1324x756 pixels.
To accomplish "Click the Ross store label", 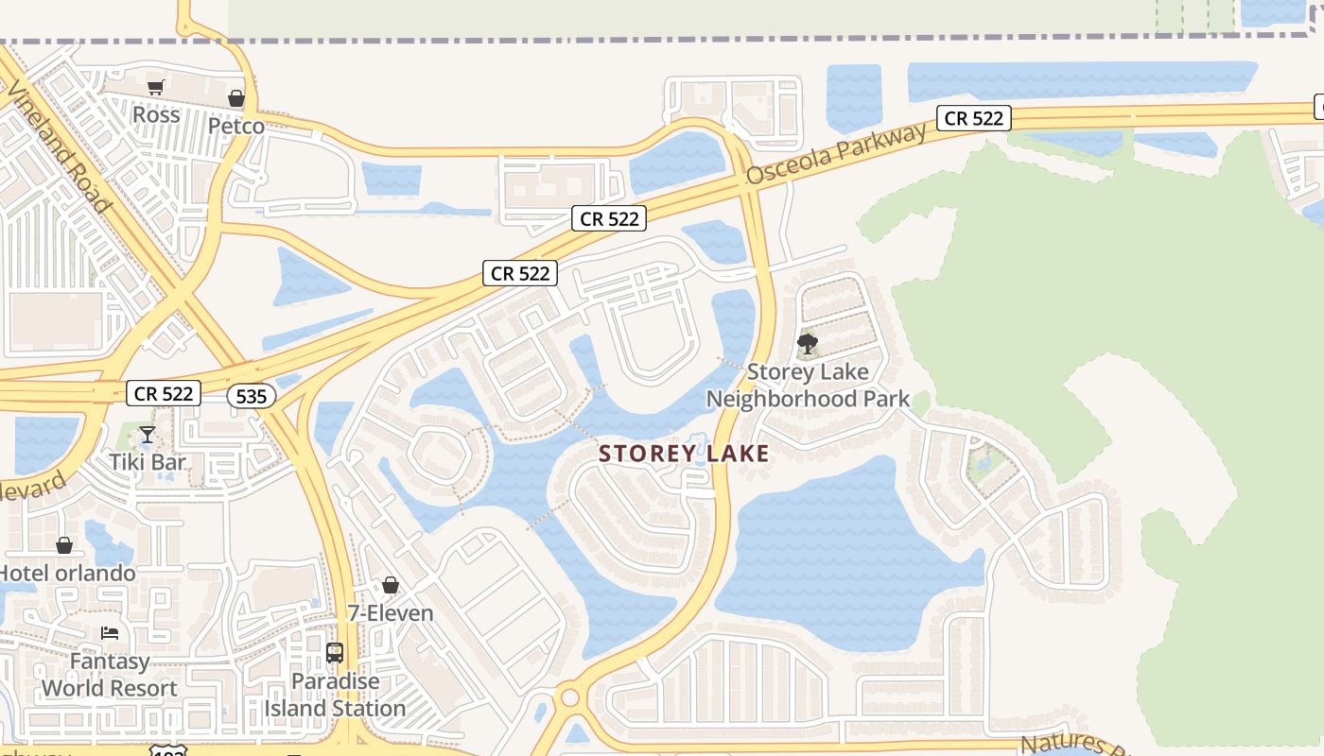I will pyautogui.click(x=156, y=114).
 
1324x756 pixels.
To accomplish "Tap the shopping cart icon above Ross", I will pyautogui.click(x=156, y=88).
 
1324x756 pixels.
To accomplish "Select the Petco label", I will pyautogui.click(x=236, y=125).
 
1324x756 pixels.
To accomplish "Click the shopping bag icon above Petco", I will pyautogui.click(x=236, y=98).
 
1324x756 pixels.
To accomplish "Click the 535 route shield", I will pyautogui.click(x=252, y=396).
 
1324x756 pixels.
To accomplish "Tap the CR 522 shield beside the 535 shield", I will pyautogui.click(x=164, y=393).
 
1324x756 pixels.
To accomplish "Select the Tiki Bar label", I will pyautogui.click(x=148, y=462).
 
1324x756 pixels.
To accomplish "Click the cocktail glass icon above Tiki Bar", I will pyautogui.click(x=148, y=435).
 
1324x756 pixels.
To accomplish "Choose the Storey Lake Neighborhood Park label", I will pyautogui.click(x=808, y=386).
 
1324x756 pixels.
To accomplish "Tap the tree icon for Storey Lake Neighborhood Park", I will pyautogui.click(x=808, y=344).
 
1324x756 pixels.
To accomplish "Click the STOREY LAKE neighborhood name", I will pyautogui.click(x=684, y=454).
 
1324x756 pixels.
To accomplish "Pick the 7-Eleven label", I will pyautogui.click(x=391, y=613).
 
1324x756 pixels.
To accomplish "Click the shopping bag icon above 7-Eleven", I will pyautogui.click(x=391, y=586).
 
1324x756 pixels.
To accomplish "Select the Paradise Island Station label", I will pyautogui.click(x=335, y=695).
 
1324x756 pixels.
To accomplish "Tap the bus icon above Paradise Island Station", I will pyautogui.click(x=335, y=653).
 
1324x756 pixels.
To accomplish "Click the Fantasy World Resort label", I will pyautogui.click(x=110, y=675).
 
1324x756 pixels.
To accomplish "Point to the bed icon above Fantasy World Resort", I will pyautogui.click(x=110, y=633).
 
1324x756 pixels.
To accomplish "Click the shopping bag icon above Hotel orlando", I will pyautogui.click(x=64, y=545).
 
